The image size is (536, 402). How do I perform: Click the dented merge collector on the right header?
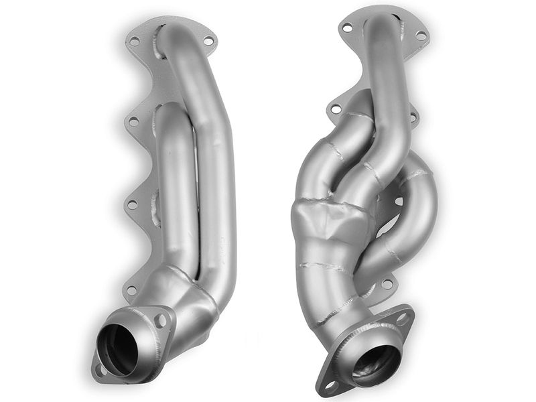click(x=328, y=228)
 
